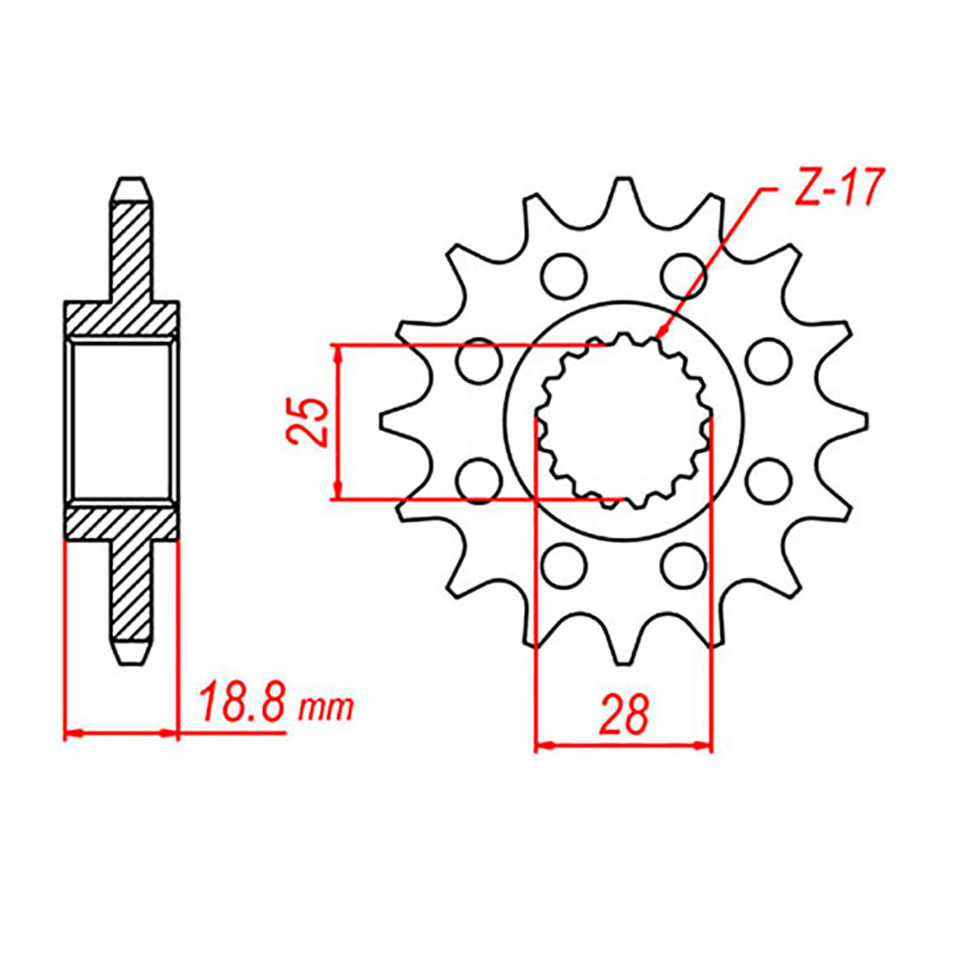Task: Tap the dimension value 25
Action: point(305,422)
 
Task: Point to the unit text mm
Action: point(326,708)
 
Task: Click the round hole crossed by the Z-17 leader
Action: point(683,275)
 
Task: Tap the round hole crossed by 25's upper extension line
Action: point(478,360)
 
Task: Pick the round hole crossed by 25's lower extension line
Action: point(478,481)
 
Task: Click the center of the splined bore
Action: point(624,421)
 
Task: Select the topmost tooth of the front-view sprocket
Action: point(624,199)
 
